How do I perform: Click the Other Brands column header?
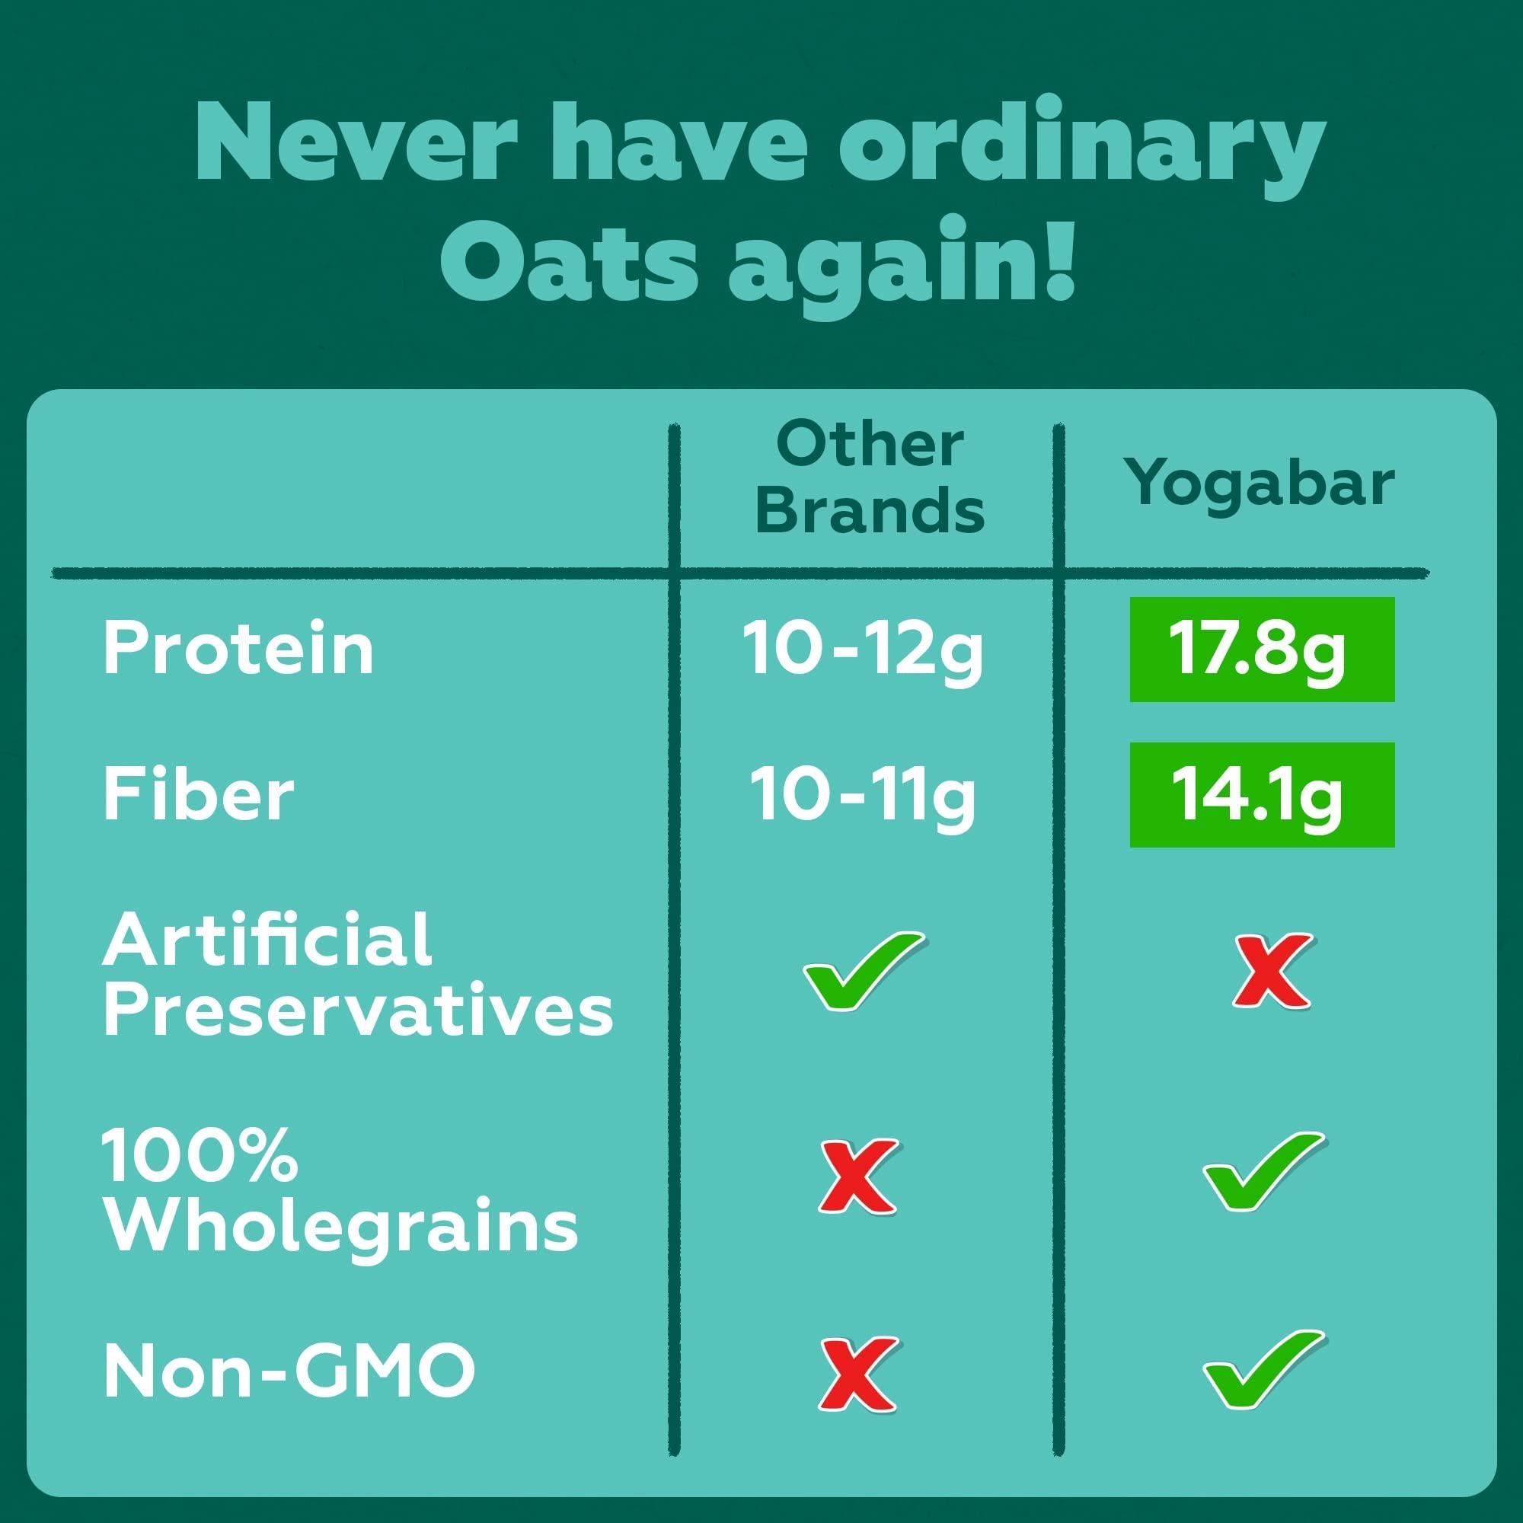(x=870, y=478)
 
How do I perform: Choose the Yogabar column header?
(x=1260, y=483)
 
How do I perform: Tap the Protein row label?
(x=238, y=649)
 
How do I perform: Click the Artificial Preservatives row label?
(x=356, y=975)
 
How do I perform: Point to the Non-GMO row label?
(x=289, y=1371)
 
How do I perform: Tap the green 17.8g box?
(x=1261, y=650)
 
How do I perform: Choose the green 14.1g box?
(x=1261, y=794)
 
